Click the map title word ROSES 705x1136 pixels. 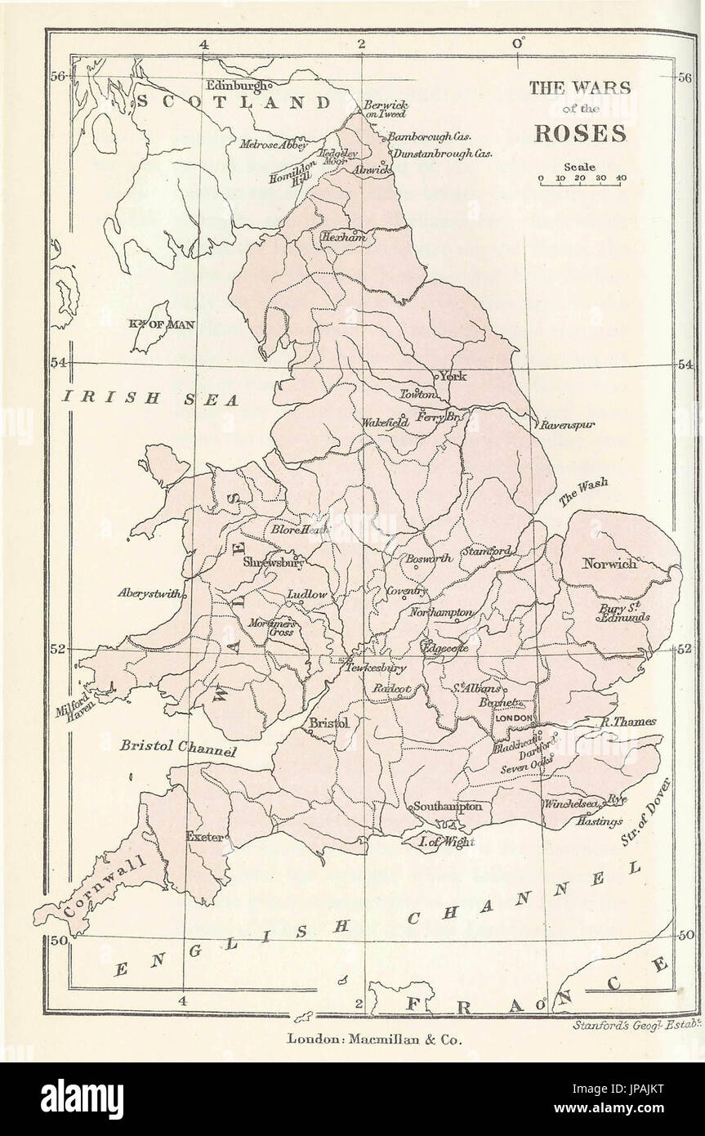(x=580, y=134)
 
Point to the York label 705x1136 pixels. (x=453, y=377)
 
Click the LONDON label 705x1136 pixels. (x=513, y=717)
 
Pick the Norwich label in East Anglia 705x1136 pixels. (x=609, y=563)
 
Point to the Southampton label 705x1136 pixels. (x=448, y=806)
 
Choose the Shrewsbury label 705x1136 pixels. (x=273, y=562)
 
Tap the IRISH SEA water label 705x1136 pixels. (x=152, y=399)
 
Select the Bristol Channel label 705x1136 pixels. (x=178, y=747)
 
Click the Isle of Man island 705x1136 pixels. (x=151, y=325)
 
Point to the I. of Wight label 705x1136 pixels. (x=446, y=842)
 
